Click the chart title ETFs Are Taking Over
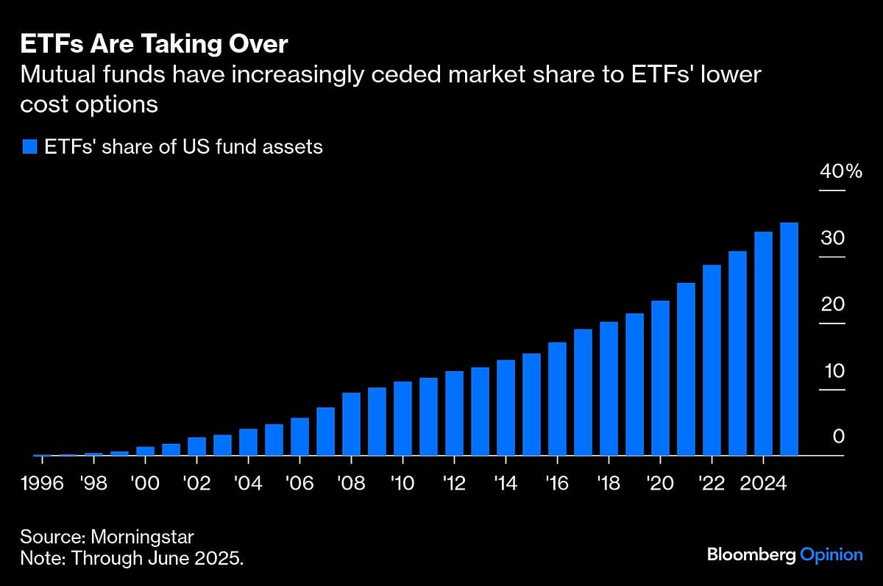(x=154, y=44)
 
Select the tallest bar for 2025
(x=789, y=338)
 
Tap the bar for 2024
(x=763, y=343)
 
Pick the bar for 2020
(x=660, y=378)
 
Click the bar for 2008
(x=351, y=424)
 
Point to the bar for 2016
(x=557, y=399)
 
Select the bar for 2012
(x=454, y=413)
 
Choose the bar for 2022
(x=712, y=360)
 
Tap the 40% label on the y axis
(x=841, y=172)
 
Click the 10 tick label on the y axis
(x=834, y=371)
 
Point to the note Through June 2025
(x=132, y=558)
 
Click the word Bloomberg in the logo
(x=751, y=554)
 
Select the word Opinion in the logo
(x=831, y=554)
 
